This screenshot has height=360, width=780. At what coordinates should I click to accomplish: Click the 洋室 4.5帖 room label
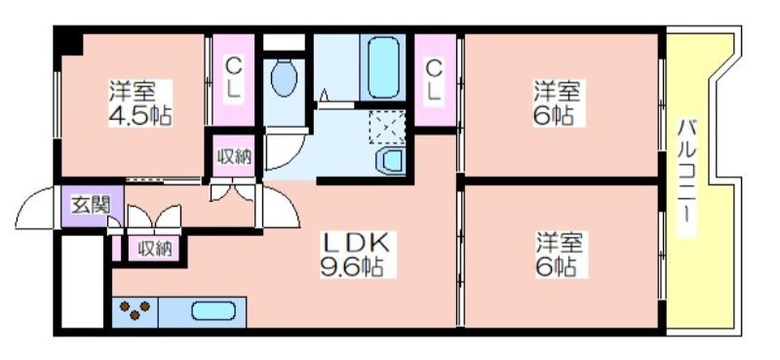[x=140, y=103]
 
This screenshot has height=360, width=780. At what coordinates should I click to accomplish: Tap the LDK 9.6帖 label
[x=358, y=255]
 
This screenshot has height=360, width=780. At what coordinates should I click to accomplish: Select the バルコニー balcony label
[x=687, y=178]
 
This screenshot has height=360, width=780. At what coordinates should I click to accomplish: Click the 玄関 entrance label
[x=90, y=205]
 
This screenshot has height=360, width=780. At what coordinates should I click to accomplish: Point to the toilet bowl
[x=284, y=77]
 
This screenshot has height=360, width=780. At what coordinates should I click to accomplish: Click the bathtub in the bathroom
[x=383, y=67]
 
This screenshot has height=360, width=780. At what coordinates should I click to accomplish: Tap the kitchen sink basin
[x=214, y=311]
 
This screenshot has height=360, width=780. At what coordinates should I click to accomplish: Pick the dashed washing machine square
[x=387, y=127]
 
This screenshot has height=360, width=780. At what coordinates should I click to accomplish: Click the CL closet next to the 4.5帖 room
[x=233, y=80]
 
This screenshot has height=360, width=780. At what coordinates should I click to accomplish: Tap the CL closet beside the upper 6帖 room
[x=435, y=80]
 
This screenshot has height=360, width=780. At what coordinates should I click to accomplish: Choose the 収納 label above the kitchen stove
[x=155, y=248]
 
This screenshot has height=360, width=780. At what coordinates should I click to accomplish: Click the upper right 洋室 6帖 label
[x=557, y=103]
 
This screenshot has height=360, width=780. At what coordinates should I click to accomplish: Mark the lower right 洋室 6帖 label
[x=559, y=255]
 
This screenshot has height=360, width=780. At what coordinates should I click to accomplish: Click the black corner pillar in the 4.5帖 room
[x=68, y=42]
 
